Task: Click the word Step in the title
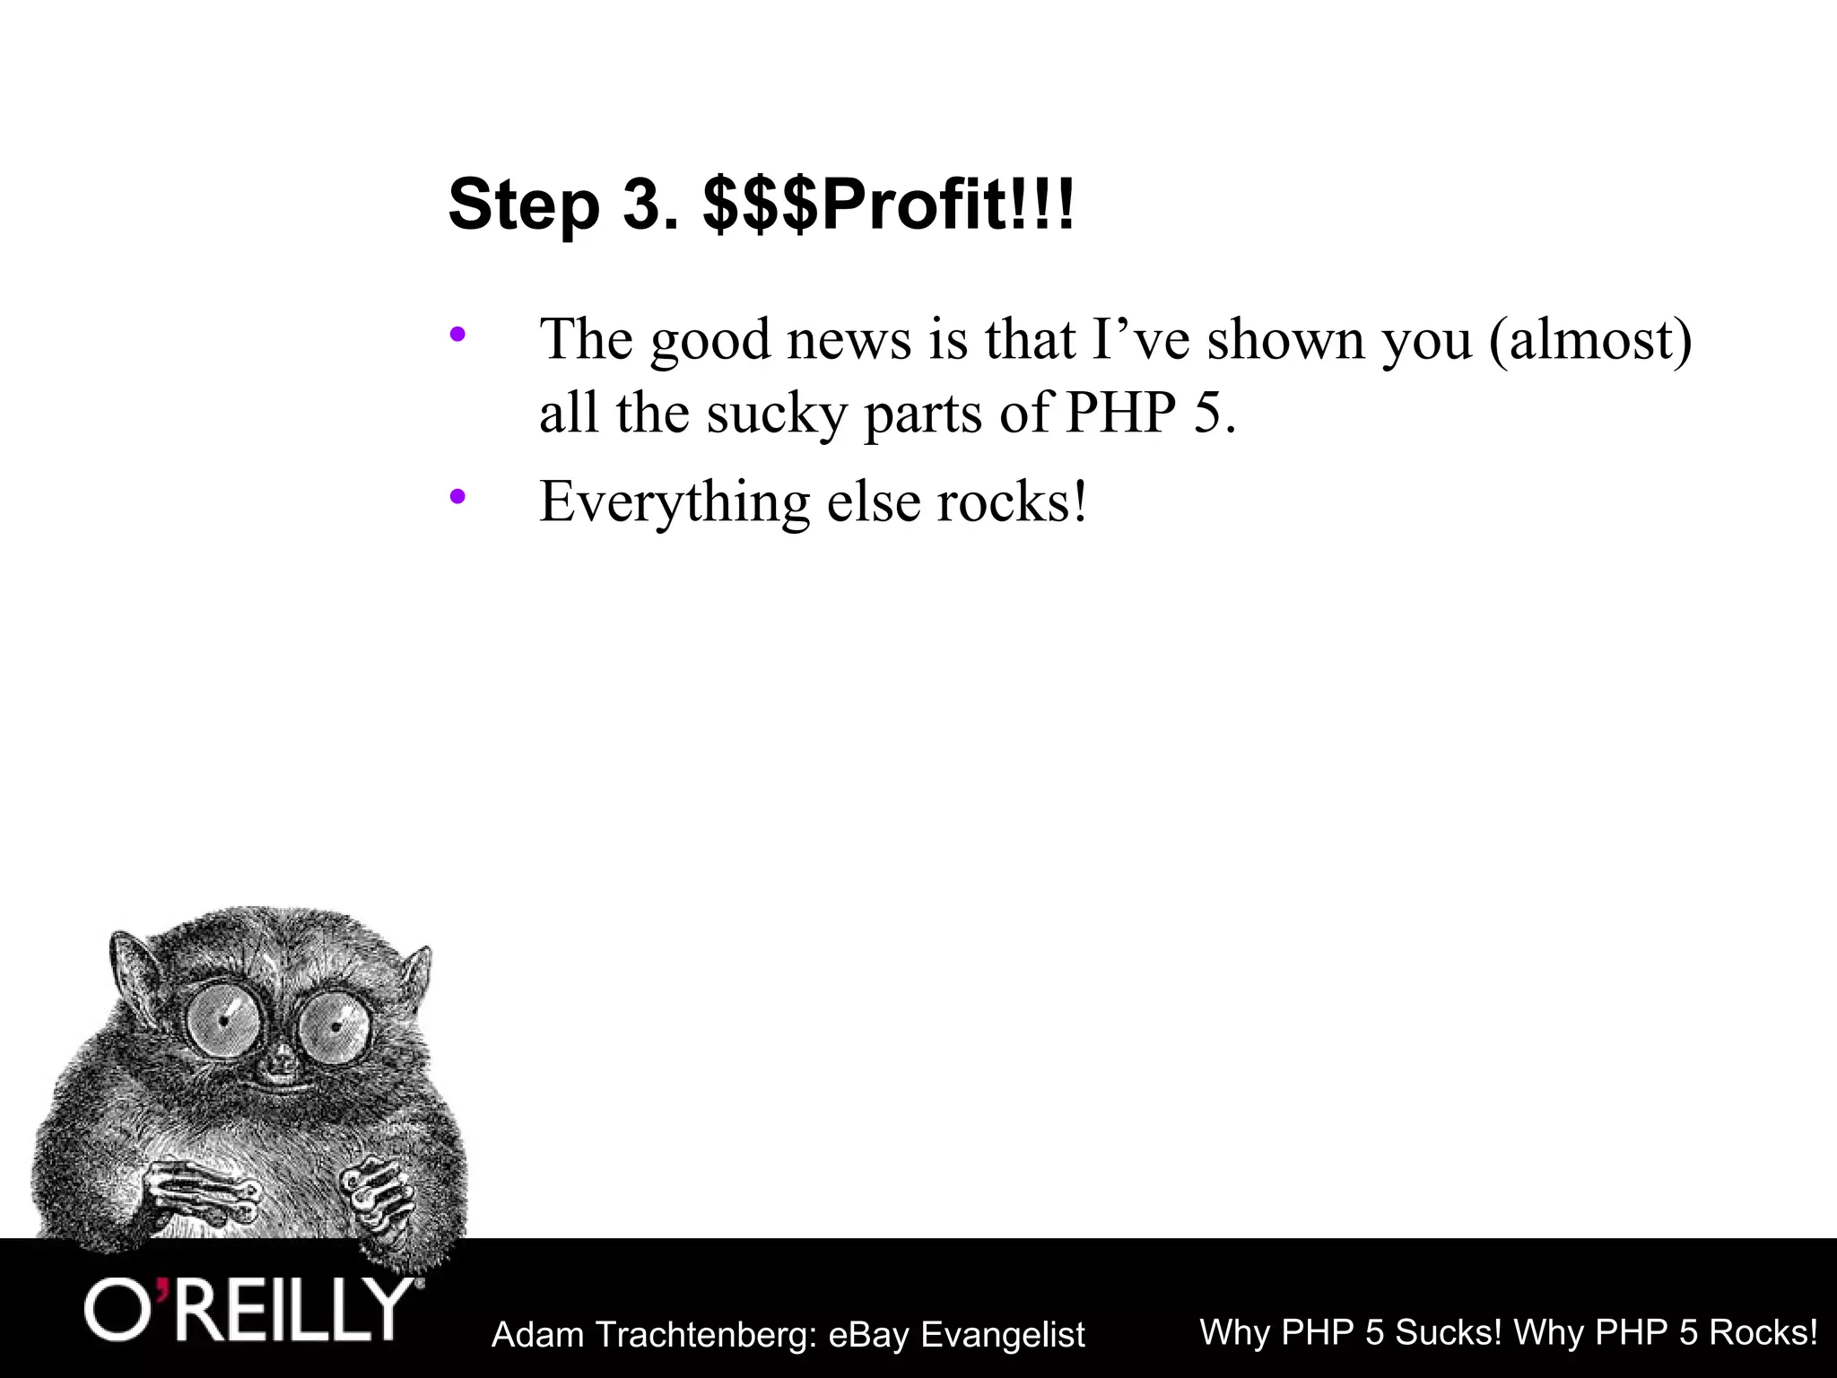click(523, 206)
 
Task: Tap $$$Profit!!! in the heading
click(888, 206)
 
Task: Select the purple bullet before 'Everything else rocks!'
click(457, 495)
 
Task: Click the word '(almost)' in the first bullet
click(1589, 341)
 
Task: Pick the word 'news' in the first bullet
click(849, 341)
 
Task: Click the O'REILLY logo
click(249, 1311)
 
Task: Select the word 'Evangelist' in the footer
click(1003, 1335)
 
